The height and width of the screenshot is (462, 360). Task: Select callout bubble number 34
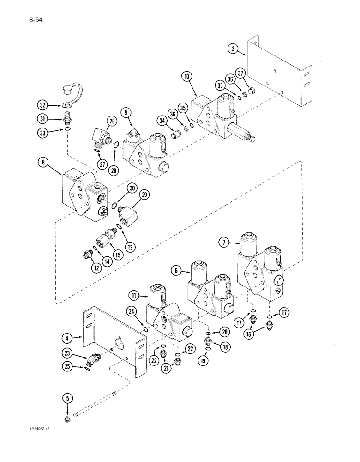pyautogui.click(x=162, y=121)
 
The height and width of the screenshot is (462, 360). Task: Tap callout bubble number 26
pyautogui.click(x=110, y=122)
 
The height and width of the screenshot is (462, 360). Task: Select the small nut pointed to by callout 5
pyautogui.click(x=68, y=419)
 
